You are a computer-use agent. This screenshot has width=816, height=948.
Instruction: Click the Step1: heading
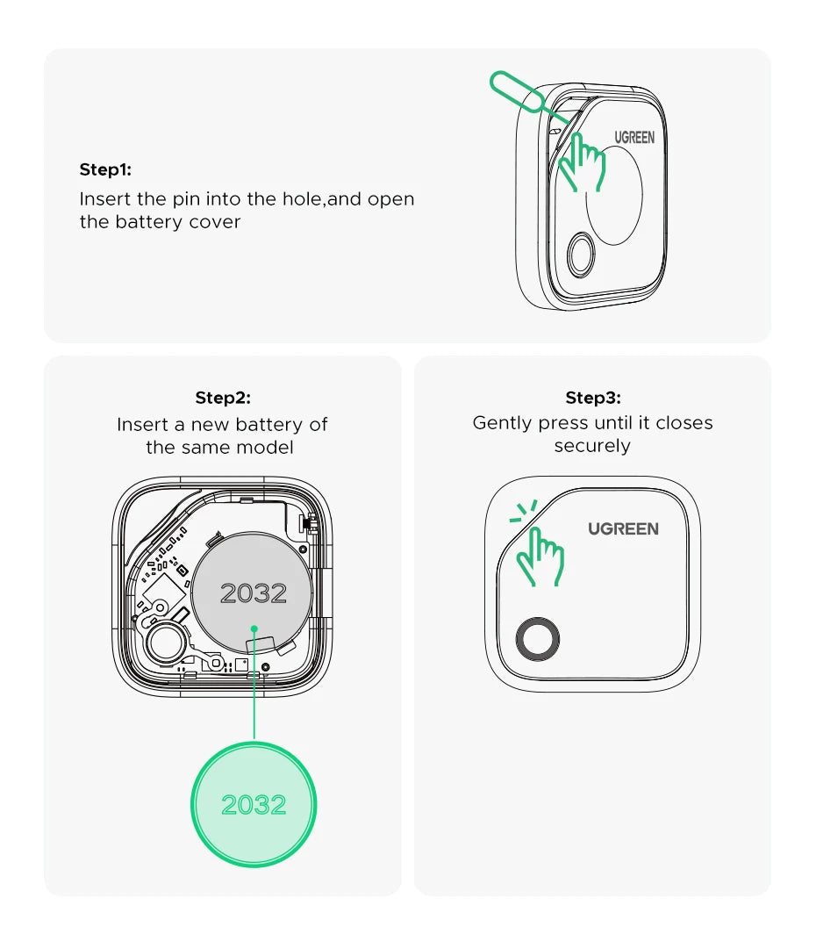pos(105,169)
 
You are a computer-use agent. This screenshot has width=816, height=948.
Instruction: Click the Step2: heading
pos(223,398)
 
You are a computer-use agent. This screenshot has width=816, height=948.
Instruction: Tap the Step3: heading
pos(593,398)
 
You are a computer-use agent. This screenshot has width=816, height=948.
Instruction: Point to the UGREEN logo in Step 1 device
pos(633,138)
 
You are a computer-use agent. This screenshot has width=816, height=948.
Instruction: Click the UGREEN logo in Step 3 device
pos(623,528)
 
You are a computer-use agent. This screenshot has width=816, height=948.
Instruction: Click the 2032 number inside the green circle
pos(254,805)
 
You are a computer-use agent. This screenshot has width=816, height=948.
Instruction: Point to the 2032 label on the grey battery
pos(254,593)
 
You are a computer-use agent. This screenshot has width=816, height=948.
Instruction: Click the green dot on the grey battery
pos(254,628)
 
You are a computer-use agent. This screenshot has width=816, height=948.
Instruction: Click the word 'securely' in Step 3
pos(592,446)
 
